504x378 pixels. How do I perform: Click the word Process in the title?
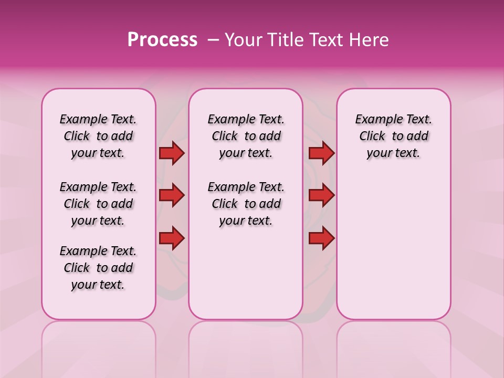(x=162, y=40)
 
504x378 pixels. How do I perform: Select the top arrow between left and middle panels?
(x=172, y=153)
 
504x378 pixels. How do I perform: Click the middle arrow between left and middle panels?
(x=172, y=196)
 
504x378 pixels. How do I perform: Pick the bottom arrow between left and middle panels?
(x=172, y=238)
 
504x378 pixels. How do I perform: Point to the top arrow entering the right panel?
(x=321, y=153)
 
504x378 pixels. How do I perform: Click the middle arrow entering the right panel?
(x=321, y=196)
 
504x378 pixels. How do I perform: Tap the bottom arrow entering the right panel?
(x=321, y=238)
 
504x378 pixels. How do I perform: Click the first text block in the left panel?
(x=98, y=136)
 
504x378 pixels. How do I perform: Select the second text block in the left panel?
(x=98, y=204)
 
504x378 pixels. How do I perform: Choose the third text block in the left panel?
(x=98, y=268)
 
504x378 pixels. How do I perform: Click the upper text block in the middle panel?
(x=246, y=136)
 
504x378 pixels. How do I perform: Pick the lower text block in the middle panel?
(x=246, y=204)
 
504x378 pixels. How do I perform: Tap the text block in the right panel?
(x=393, y=136)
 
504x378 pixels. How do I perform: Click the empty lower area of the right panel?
(x=393, y=247)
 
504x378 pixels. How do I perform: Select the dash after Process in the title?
(x=213, y=40)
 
